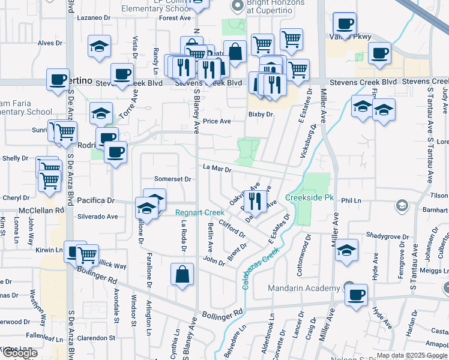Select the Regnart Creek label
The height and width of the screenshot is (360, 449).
[199, 212]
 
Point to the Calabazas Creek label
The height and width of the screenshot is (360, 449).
[262, 263]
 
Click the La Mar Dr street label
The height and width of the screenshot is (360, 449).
[217, 169]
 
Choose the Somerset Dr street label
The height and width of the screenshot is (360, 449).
[172, 179]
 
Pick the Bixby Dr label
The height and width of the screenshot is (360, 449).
[261, 114]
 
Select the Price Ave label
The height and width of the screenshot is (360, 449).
[217, 121]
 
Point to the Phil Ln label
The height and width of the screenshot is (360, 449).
[349, 202]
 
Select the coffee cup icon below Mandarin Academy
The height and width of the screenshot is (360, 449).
[356, 295]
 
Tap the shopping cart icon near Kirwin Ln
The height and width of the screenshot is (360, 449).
[88, 255]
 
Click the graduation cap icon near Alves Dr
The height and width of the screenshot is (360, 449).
[99, 46]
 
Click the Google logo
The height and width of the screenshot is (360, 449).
[20, 353]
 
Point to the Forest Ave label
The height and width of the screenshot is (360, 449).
[175, 18]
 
